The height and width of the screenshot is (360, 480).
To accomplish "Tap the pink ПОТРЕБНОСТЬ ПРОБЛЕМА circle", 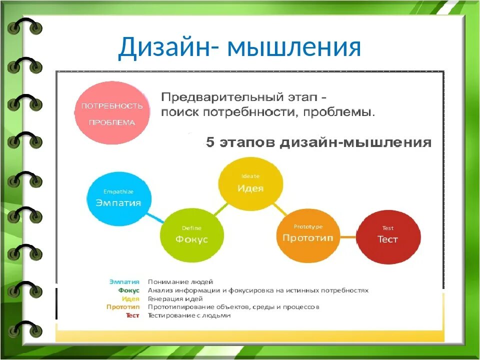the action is point(112,113).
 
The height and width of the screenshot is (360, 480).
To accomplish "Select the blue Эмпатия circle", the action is point(119,199).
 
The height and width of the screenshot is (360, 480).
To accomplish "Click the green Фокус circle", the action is point(192,235).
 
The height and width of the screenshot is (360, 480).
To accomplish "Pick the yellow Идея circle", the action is point(250,184).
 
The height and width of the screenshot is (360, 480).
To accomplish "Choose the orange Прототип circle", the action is point(308,235).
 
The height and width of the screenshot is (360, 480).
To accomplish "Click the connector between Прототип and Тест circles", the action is point(348,237).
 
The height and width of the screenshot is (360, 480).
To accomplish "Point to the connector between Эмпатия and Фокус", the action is point(155,218).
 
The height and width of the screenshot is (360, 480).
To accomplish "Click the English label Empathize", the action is point(118,191).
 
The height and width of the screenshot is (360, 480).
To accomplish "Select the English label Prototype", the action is point(308,227).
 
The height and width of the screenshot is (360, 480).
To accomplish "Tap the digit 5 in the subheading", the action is point(210,142).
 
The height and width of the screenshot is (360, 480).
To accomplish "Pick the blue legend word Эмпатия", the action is point(124,281).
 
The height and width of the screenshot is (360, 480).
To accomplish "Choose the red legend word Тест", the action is point(132,315).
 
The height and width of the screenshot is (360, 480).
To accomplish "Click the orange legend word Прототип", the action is point(123,306).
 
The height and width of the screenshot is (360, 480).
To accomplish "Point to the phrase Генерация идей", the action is point(175,298).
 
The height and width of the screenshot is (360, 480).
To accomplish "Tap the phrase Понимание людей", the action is point(180,281).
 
